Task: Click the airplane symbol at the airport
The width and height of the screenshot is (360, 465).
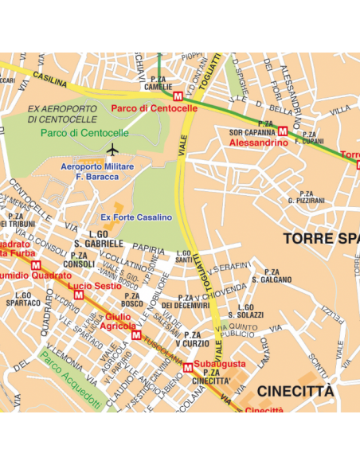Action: tap(112, 149)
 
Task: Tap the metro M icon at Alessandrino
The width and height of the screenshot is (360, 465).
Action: tap(283, 131)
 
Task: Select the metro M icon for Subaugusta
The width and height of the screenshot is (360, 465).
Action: tap(187, 366)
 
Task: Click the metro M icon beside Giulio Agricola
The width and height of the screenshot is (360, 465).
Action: tap(135, 336)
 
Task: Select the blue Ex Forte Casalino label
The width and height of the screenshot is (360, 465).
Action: tap(136, 217)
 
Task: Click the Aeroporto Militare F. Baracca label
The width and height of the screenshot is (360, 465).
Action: tap(97, 170)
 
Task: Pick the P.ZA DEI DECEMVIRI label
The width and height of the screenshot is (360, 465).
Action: tap(185, 301)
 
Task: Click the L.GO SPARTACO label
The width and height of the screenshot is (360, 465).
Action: tap(23, 299)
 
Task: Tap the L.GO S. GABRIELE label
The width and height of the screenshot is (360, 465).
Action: tap(98, 239)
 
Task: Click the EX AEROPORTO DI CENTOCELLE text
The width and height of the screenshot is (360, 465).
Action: tap(61, 113)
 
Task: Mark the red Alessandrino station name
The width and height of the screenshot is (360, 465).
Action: tap(258, 142)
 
